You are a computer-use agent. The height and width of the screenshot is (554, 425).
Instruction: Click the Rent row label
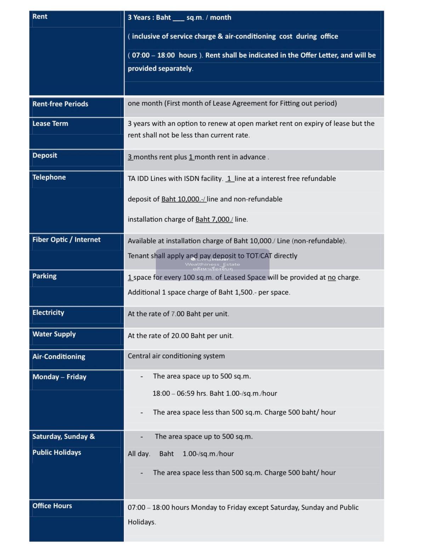pos(40,17)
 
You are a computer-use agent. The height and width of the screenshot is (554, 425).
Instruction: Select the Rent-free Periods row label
pos(60,104)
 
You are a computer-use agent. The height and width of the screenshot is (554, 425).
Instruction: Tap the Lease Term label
pos(50,124)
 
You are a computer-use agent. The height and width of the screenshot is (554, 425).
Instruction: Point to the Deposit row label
pos(45,156)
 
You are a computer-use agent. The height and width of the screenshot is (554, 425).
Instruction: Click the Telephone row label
pos(49,177)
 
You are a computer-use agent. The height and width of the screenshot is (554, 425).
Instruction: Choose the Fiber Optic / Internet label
pos(66,240)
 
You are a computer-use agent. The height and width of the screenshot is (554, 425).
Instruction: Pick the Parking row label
pos(44,276)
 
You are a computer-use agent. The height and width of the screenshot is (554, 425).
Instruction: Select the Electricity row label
pos(48,313)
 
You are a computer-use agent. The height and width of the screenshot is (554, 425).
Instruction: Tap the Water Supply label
pos(54,334)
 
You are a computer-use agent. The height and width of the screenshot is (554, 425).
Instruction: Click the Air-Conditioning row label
pos(59,357)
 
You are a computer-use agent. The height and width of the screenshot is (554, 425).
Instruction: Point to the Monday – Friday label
pos(59,377)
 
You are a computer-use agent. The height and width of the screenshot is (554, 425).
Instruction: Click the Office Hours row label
pos(52,506)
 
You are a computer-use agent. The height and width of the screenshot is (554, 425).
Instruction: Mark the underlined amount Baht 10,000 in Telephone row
pos(183,199)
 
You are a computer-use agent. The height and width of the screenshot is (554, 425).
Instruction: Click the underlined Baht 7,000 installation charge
pos(214,220)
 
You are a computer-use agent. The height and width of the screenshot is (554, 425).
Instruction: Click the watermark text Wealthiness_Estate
pos(212,264)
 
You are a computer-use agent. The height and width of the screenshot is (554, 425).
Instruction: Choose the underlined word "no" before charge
pos(331,278)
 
